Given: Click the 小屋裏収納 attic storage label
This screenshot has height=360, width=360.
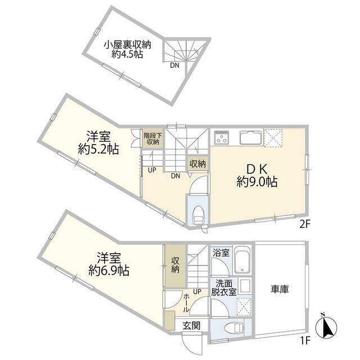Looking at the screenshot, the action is coord(128,45).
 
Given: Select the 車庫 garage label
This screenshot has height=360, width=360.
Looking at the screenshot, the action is coord(280,289).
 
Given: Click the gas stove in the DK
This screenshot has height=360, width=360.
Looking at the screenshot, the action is coord(222,137).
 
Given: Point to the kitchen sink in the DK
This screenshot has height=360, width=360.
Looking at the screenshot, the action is coord(251,138).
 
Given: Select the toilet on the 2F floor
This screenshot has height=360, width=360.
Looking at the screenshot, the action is coord(198,215).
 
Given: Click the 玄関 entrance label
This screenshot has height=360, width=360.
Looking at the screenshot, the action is coord(191,325).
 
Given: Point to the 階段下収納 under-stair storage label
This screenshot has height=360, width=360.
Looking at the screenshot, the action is coord(153,138).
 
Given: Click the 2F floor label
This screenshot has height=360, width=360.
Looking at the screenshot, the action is coord(305,224).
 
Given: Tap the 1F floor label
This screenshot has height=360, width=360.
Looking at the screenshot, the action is coord(305,340).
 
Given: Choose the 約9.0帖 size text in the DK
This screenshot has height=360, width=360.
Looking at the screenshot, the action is coord(257,182).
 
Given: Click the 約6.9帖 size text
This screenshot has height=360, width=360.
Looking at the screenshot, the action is coord(109,270).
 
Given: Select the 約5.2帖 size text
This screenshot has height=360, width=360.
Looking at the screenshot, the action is coord(98,149).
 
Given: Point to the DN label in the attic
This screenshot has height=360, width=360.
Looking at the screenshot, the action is coord(174,65).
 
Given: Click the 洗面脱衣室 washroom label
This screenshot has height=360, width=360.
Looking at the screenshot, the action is coord(224,287).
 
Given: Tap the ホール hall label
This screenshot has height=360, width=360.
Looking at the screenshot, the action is coord(186,303).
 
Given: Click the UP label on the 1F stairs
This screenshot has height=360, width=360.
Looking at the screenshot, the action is coord(197,292).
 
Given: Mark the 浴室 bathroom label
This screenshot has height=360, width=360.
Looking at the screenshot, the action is coord(221,253).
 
